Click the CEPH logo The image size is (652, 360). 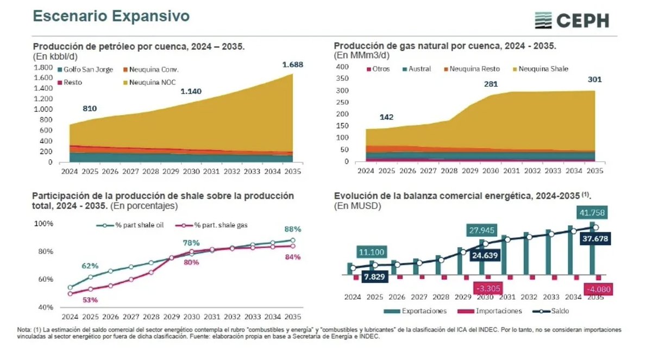click(572, 21)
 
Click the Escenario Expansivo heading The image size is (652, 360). click(111, 16)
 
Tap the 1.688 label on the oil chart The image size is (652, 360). click(292, 65)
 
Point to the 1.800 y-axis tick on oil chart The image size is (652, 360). click(43, 67)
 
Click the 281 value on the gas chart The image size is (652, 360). click(491, 84)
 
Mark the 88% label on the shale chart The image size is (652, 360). click(292, 229)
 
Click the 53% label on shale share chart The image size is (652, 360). click(90, 300)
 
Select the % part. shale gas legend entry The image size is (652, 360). click(215, 225)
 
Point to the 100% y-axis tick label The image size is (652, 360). click(43, 224)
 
